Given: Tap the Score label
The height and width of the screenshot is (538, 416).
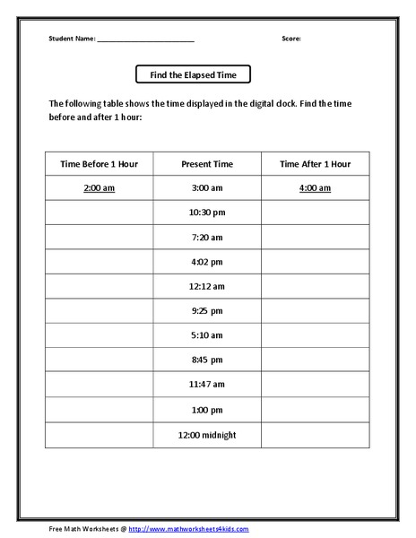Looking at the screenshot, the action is pyautogui.click(x=291, y=39).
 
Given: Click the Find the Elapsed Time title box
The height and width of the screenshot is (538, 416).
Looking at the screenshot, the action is pyautogui.click(x=193, y=74).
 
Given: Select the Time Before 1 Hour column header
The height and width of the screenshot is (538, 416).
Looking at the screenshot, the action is pyautogui.click(x=99, y=164).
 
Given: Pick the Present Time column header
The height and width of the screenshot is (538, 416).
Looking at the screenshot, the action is pyautogui.click(x=207, y=164).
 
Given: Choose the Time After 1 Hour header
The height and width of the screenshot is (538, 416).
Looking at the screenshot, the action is pyautogui.click(x=315, y=164).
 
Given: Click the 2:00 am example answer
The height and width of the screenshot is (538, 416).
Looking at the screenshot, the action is pyautogui.click(x=99, y=188).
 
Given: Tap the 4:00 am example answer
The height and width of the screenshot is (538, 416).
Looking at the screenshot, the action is pyautogui.click(x=315, y=188).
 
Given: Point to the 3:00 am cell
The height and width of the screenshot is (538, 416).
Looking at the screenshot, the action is pyautogui.click(x=207, y=188).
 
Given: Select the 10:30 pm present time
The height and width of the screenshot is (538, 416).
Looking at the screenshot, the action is pyautogui.click(x=207, y=213).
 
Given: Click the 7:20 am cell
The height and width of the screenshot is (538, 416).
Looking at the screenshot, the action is pyautogui.click(x=207, y=238).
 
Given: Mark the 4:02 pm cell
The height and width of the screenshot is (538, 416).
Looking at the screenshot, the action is pyautogui.click(x=207, y=262).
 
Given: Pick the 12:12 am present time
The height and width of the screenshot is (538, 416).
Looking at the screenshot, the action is pyautogui.click(x=207, y=287).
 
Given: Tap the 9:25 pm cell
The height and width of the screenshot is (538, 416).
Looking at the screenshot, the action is pyautogui.click(x=207, y=311).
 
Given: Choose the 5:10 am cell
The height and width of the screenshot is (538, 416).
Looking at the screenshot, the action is pyautogui.click(x=207, y=336).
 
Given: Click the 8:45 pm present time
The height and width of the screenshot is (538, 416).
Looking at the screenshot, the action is pyautogui.click(x=207, y=360).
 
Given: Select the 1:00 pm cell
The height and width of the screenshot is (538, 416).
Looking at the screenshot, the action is pyautogui.click(x=207, y=410).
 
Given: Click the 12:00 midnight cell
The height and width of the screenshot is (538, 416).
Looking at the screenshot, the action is pyautogui.click(x=207, y=435).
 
